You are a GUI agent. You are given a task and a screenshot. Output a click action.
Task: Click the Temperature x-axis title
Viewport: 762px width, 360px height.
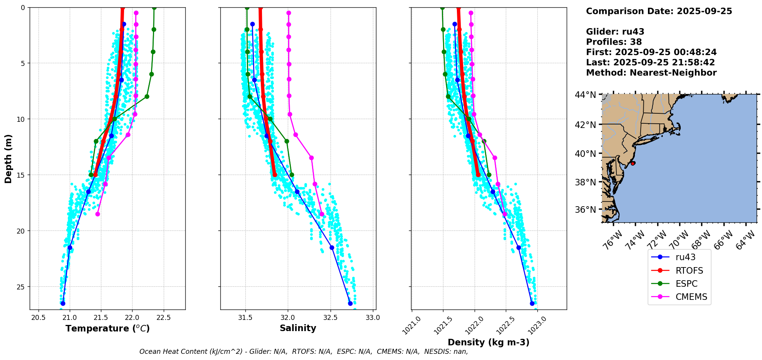point(107,328)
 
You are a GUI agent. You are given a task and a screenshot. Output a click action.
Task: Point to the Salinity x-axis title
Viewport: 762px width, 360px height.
point(298,328)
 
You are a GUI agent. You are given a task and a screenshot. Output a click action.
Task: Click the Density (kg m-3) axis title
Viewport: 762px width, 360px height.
point(488,342)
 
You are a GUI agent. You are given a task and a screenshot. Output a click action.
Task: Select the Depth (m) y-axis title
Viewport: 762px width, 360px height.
point(8,158)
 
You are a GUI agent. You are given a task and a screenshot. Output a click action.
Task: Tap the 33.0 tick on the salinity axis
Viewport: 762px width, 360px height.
point(373,318)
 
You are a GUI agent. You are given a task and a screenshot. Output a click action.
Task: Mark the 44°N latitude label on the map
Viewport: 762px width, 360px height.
point(586,95)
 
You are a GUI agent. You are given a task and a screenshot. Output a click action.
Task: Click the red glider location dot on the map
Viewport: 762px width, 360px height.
point(633,163)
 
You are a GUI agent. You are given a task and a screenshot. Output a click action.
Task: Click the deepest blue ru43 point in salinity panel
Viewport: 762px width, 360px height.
point(350,303)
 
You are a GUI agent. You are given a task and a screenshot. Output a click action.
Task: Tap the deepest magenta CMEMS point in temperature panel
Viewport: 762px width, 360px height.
point(97,214)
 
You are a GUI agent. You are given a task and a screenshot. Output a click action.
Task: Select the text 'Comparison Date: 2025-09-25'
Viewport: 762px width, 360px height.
point(659,11)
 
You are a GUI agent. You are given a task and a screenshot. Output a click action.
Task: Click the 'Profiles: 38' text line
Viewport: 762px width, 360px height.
point(614,42)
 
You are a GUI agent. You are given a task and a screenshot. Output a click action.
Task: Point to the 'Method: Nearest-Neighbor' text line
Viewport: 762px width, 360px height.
point(651,73)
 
